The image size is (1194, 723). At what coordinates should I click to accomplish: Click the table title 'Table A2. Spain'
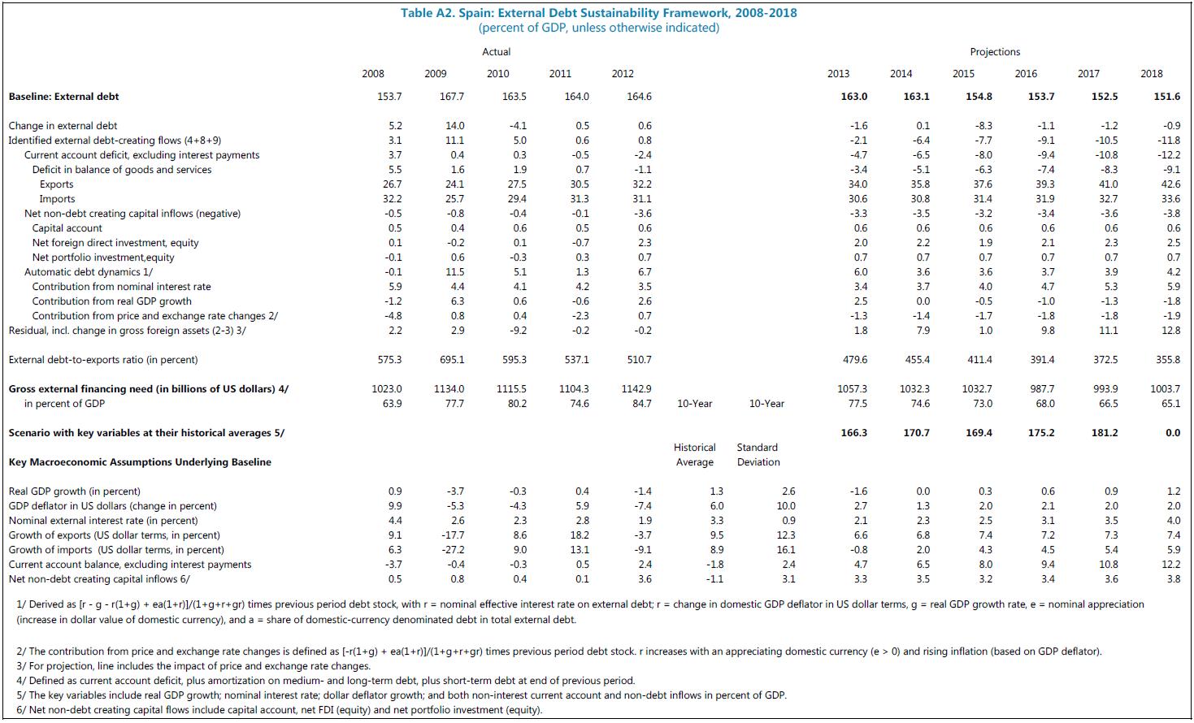tap(598, 13)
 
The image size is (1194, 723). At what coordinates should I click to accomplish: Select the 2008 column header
tap(373, 73)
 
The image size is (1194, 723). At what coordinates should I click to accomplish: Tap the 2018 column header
tap(1151, 73)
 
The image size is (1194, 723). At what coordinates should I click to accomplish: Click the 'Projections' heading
tap(995, 52)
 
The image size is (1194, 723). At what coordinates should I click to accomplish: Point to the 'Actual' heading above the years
tap(497, 52)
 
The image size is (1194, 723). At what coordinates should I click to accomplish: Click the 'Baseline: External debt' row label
tap(64, 97)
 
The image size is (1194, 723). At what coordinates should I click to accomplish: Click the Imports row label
tap(57, 199)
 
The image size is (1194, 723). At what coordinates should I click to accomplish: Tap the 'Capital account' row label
tap(67, 228)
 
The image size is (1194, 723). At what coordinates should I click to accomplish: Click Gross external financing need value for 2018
tap(1165, 389)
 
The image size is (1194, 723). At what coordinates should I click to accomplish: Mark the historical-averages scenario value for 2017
tap(1104, 433)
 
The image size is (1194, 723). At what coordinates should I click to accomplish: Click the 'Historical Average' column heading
tap(694, 455)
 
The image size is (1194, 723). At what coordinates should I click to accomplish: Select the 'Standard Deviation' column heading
tap(758, 455)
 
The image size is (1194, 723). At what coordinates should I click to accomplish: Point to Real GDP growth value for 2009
tap(455, 491)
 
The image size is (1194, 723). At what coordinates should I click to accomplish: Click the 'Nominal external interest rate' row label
tap(103, 521)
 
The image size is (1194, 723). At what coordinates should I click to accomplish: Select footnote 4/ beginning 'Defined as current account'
tap(325, 681)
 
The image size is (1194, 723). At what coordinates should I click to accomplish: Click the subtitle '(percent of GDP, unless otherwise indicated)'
tap(598, 28)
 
